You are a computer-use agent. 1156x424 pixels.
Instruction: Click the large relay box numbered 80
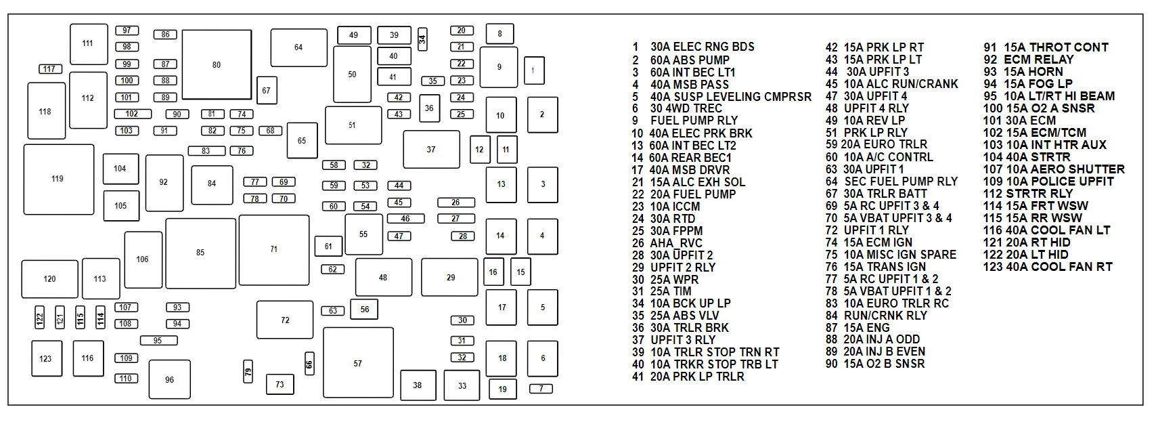pyautogui.click(x=217, y=65)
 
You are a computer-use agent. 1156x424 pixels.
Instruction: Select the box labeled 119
pyautogui.click(x=58, y=179)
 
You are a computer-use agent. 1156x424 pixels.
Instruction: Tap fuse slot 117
pyautogui.click(x=50, y=69)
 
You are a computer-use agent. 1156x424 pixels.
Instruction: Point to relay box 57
pyautogui.click(x=357, y=363)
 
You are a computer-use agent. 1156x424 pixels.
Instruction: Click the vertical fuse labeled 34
pyautogui.click(x=422, y=39)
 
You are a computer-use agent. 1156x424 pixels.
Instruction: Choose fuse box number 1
pyautogui.click(x=533, y=70)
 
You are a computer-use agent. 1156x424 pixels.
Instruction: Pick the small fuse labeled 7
pyautogui.click(x=541, y=389)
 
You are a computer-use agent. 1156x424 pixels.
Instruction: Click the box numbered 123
pyautogui.click(x=45, y=358)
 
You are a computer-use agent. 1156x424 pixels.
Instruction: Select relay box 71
pyautogui.click(x=273, y=249)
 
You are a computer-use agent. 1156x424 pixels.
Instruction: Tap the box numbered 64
pyautogui.click(x=298, y=47)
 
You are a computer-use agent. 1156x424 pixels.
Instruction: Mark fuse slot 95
pyautogui.click(x=158, y=341)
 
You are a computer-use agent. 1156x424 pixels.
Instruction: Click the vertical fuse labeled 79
pyautogui.click(x=248, y=372)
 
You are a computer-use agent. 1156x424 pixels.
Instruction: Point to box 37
pyautogui.click(x=431, y=150)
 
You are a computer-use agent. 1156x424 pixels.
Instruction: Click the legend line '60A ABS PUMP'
pyautogui.click(x=690, y=60)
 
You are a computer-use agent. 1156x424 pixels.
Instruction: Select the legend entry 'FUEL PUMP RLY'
pyautogui.click(x=694, y=121)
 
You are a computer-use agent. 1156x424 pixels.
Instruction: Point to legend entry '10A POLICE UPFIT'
pyautogui.click(x=1059, y=182)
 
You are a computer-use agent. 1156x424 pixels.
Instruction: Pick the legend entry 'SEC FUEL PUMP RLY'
pyautogui.click(x=900, y=182)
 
